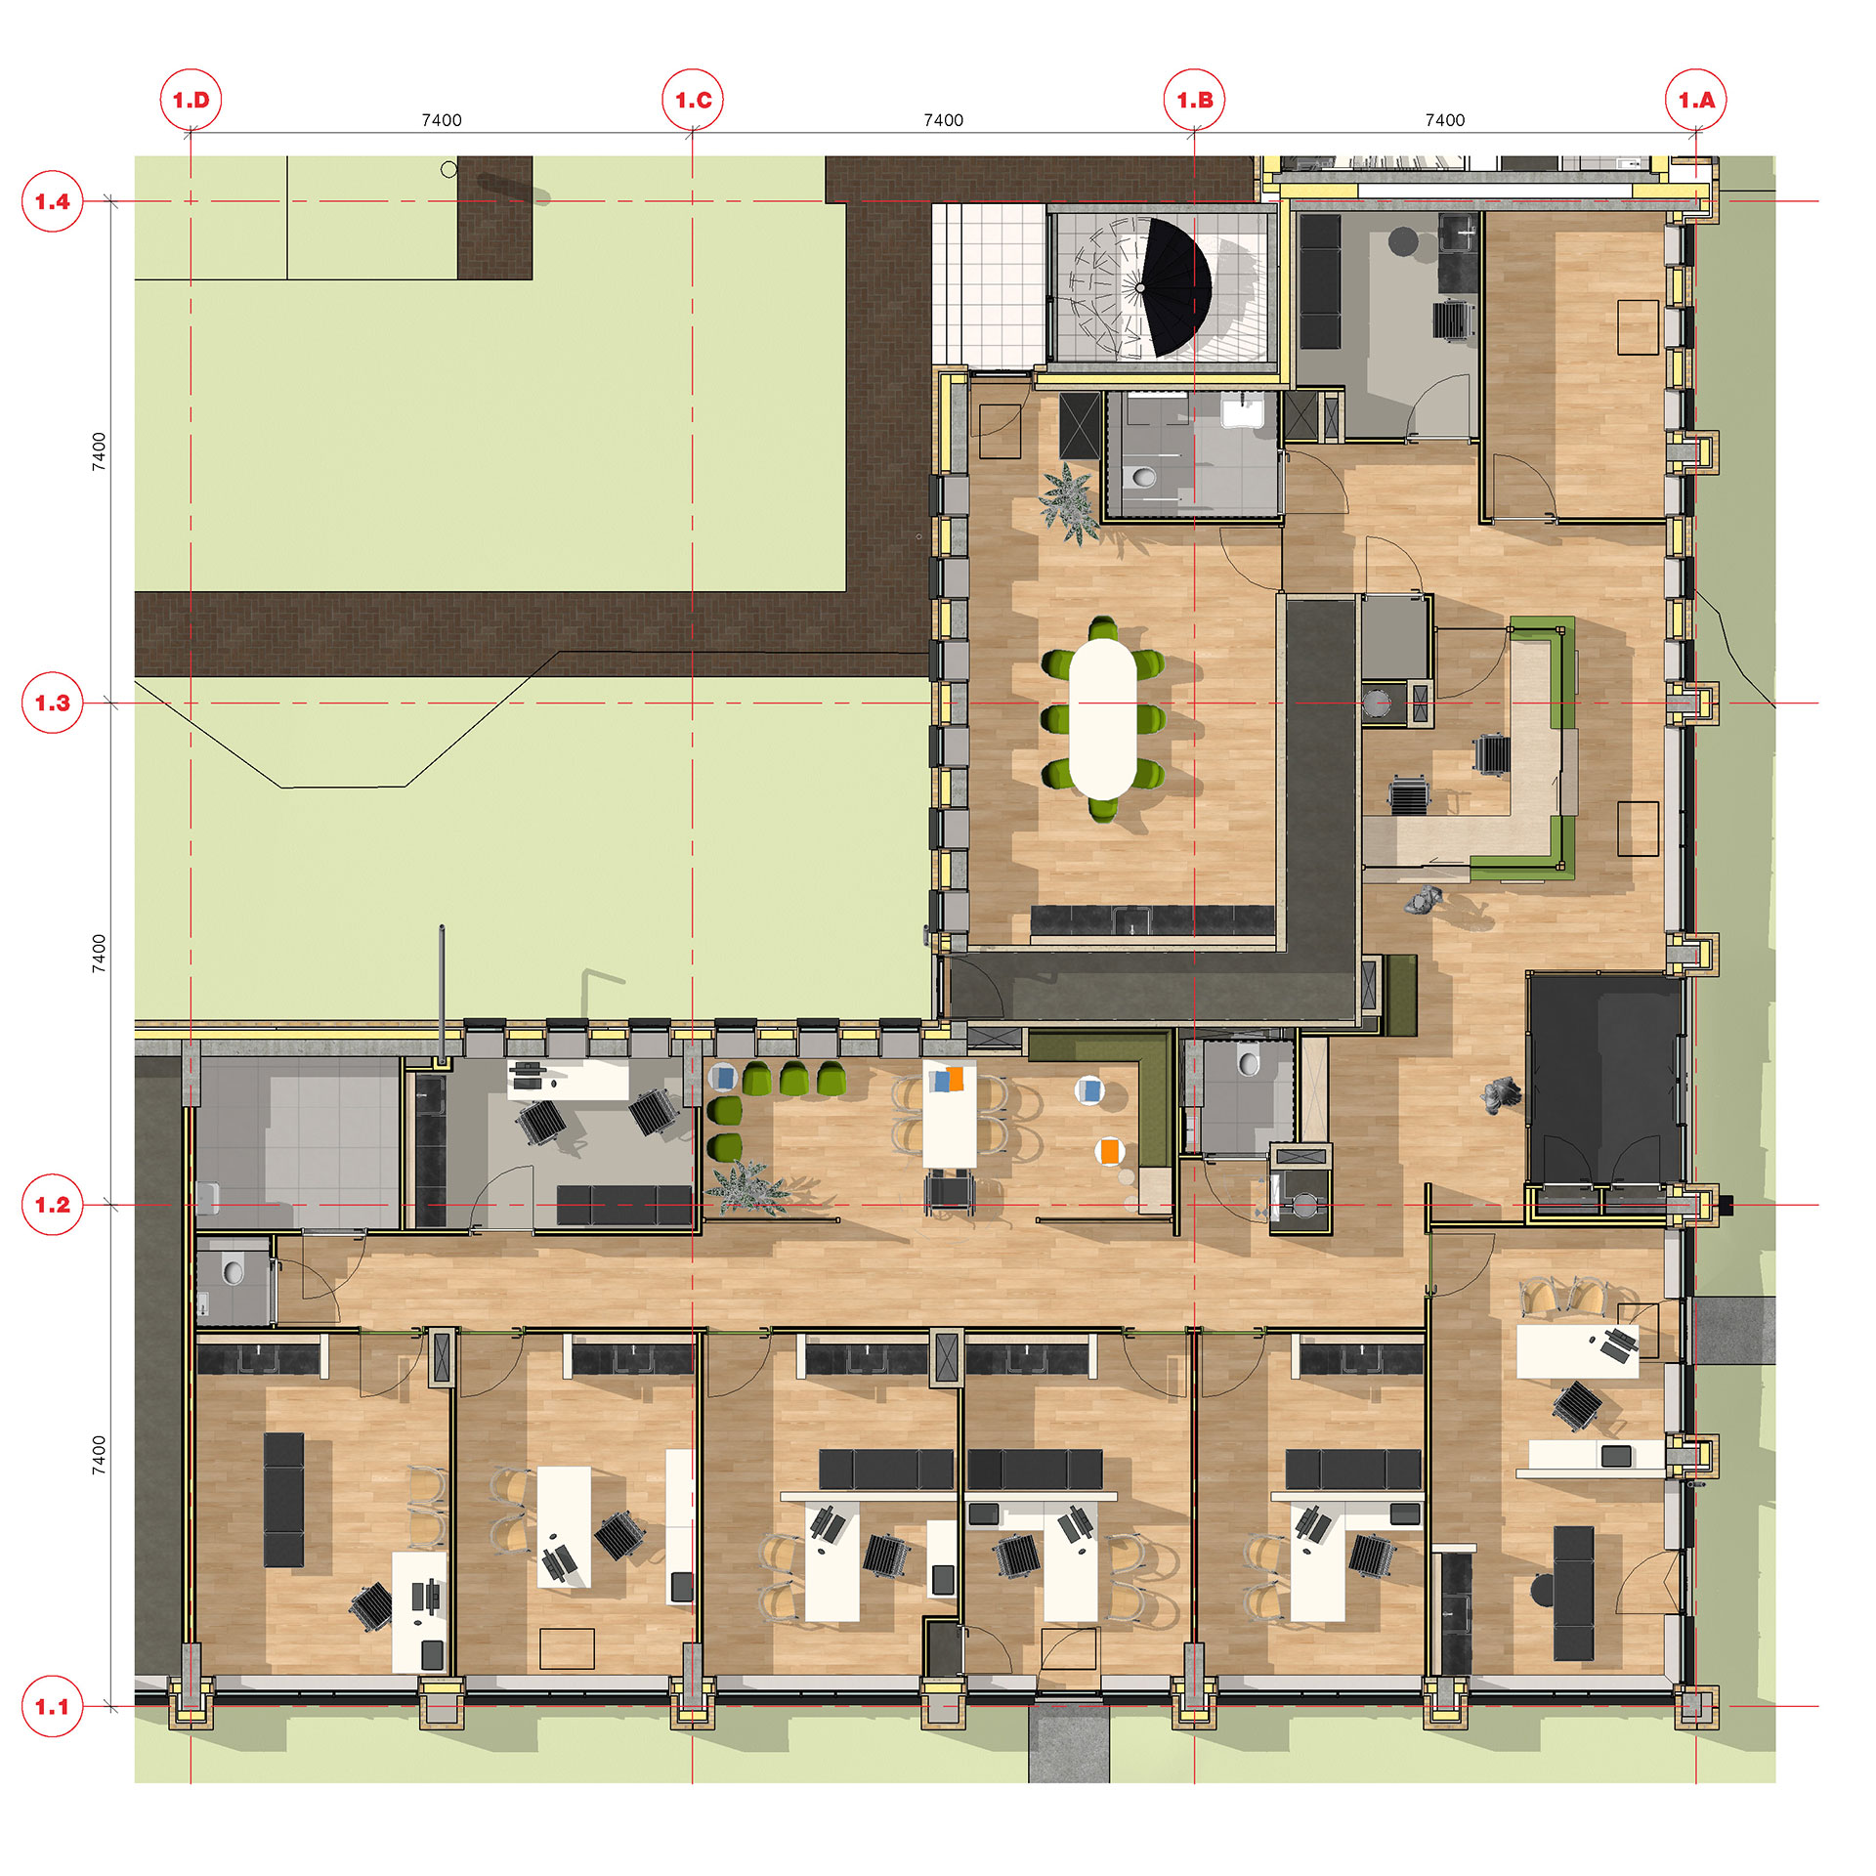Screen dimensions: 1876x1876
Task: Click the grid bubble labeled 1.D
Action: pos(191,100)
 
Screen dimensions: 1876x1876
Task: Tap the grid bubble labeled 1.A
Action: pos(1696,100)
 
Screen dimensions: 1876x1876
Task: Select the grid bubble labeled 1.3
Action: pos(52,703)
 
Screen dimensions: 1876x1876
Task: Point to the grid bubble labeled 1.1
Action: pos(52,1707)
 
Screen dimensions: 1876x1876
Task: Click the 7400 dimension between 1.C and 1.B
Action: pos(943,120)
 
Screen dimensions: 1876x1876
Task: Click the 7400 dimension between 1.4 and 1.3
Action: pos(99,451)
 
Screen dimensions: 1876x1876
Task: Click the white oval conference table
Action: pos(1103,718)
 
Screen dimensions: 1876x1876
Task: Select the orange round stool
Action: pos(1109,1151)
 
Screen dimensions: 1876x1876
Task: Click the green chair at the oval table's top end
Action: pos(1103,628)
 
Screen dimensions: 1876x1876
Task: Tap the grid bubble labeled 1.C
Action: pos(693,100)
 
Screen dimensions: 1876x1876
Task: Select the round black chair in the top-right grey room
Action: pos(1403,240)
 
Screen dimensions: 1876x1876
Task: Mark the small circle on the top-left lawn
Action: pos(448,169)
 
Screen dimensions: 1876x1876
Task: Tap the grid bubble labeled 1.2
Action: pos(52,1205)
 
